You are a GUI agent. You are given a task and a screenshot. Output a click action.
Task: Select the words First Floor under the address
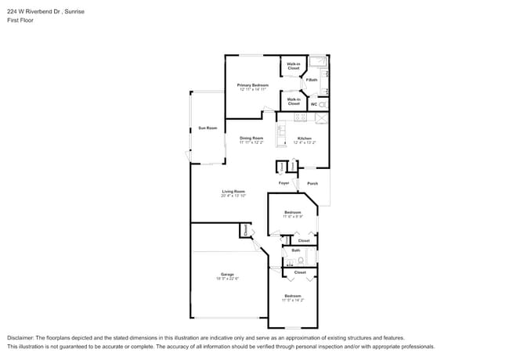(x=20, y=20)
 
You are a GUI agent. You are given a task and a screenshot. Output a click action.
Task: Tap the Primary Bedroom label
(x=253, y=85)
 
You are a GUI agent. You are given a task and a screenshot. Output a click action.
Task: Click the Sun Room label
(x=207, y=128)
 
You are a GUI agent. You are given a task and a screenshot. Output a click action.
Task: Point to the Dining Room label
(x=251, y=139)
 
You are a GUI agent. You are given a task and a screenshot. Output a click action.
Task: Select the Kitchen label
(x=304, y=139)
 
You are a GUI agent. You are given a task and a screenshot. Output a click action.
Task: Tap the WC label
(x=313, y=104)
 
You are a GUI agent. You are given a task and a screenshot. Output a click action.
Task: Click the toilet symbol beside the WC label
(x=322, y=104)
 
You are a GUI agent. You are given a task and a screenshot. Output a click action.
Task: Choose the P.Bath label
(x=312, y=80)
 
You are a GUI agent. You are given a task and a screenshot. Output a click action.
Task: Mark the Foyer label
(x=284, y=183)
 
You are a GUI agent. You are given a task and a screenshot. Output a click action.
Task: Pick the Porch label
(x=312, y=183)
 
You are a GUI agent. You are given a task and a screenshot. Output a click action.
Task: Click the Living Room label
(x=233, y=192)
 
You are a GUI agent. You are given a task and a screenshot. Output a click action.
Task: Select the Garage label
(x=227, y=274)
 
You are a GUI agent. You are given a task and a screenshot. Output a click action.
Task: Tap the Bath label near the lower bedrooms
(x=295, y=251)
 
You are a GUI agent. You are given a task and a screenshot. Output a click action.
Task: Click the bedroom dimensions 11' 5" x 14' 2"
(x=293, y=300)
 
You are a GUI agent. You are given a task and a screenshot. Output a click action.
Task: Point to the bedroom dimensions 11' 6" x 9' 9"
(x=293, y=216)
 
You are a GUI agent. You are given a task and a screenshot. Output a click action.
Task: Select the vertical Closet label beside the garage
(x=245, y=230)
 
